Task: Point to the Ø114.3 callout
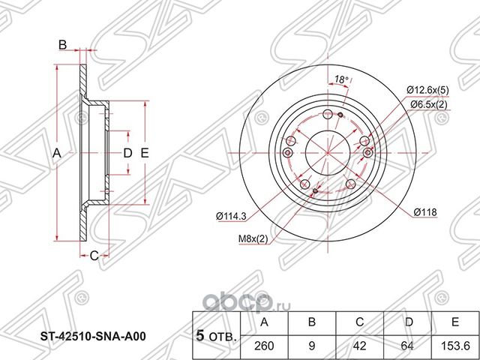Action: pos(232,217)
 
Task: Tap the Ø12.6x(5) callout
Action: pos(428,91)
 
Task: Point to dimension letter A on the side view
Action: pos(55,153)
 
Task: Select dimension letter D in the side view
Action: pos(127,153)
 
